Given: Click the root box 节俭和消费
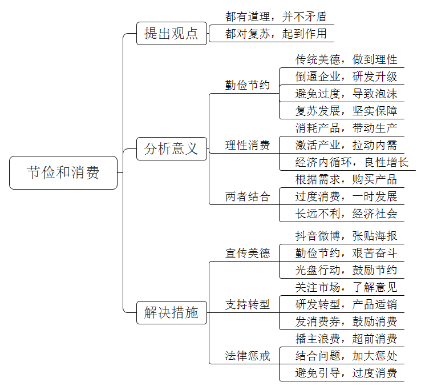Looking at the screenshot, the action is pos(63,172).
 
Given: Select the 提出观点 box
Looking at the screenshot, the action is pos(172,33).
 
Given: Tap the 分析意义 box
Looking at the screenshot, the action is pos(172,148).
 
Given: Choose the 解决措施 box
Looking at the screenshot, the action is pos(172,312).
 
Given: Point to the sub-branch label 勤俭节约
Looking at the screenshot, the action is pos(248,85).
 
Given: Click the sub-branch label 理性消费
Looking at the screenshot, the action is pos(248,145).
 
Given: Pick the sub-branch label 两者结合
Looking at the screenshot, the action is pos(248,196).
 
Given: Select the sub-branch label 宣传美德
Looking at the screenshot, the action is pos(248,253).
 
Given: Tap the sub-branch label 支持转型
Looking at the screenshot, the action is pos(248,304).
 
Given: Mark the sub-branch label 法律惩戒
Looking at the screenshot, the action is pos(248,356).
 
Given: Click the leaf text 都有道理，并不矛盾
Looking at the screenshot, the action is pos(276,17).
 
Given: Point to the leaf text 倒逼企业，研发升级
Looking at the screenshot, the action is pos(346,77).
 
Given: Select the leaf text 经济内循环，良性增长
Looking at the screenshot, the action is pos(352,162).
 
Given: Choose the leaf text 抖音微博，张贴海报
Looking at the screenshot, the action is pos(346,236).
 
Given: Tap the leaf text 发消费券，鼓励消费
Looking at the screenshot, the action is pos(346,321).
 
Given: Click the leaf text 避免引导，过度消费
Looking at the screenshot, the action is pos(346,373).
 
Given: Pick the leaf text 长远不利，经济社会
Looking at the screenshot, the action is pos(346,214).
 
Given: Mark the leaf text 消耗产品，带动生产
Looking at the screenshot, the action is pos(346,128).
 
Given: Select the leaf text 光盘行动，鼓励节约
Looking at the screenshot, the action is pos(346,270).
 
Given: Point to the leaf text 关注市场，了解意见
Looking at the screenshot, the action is pos(346,287).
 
